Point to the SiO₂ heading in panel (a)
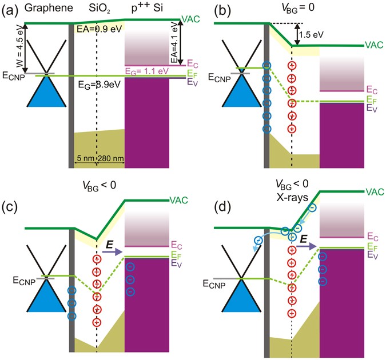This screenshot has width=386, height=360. [97, 9]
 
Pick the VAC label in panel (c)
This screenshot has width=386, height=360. [178, 200]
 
